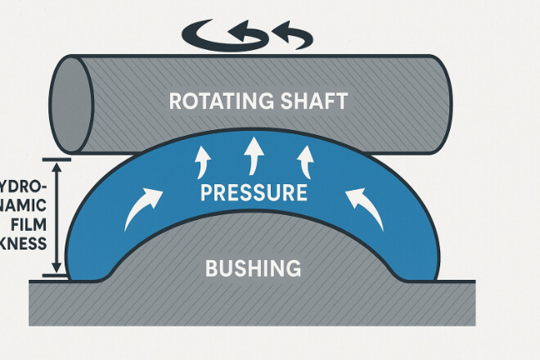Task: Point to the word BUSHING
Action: tap(254, 268)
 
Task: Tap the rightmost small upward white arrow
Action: tap(307, 160)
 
